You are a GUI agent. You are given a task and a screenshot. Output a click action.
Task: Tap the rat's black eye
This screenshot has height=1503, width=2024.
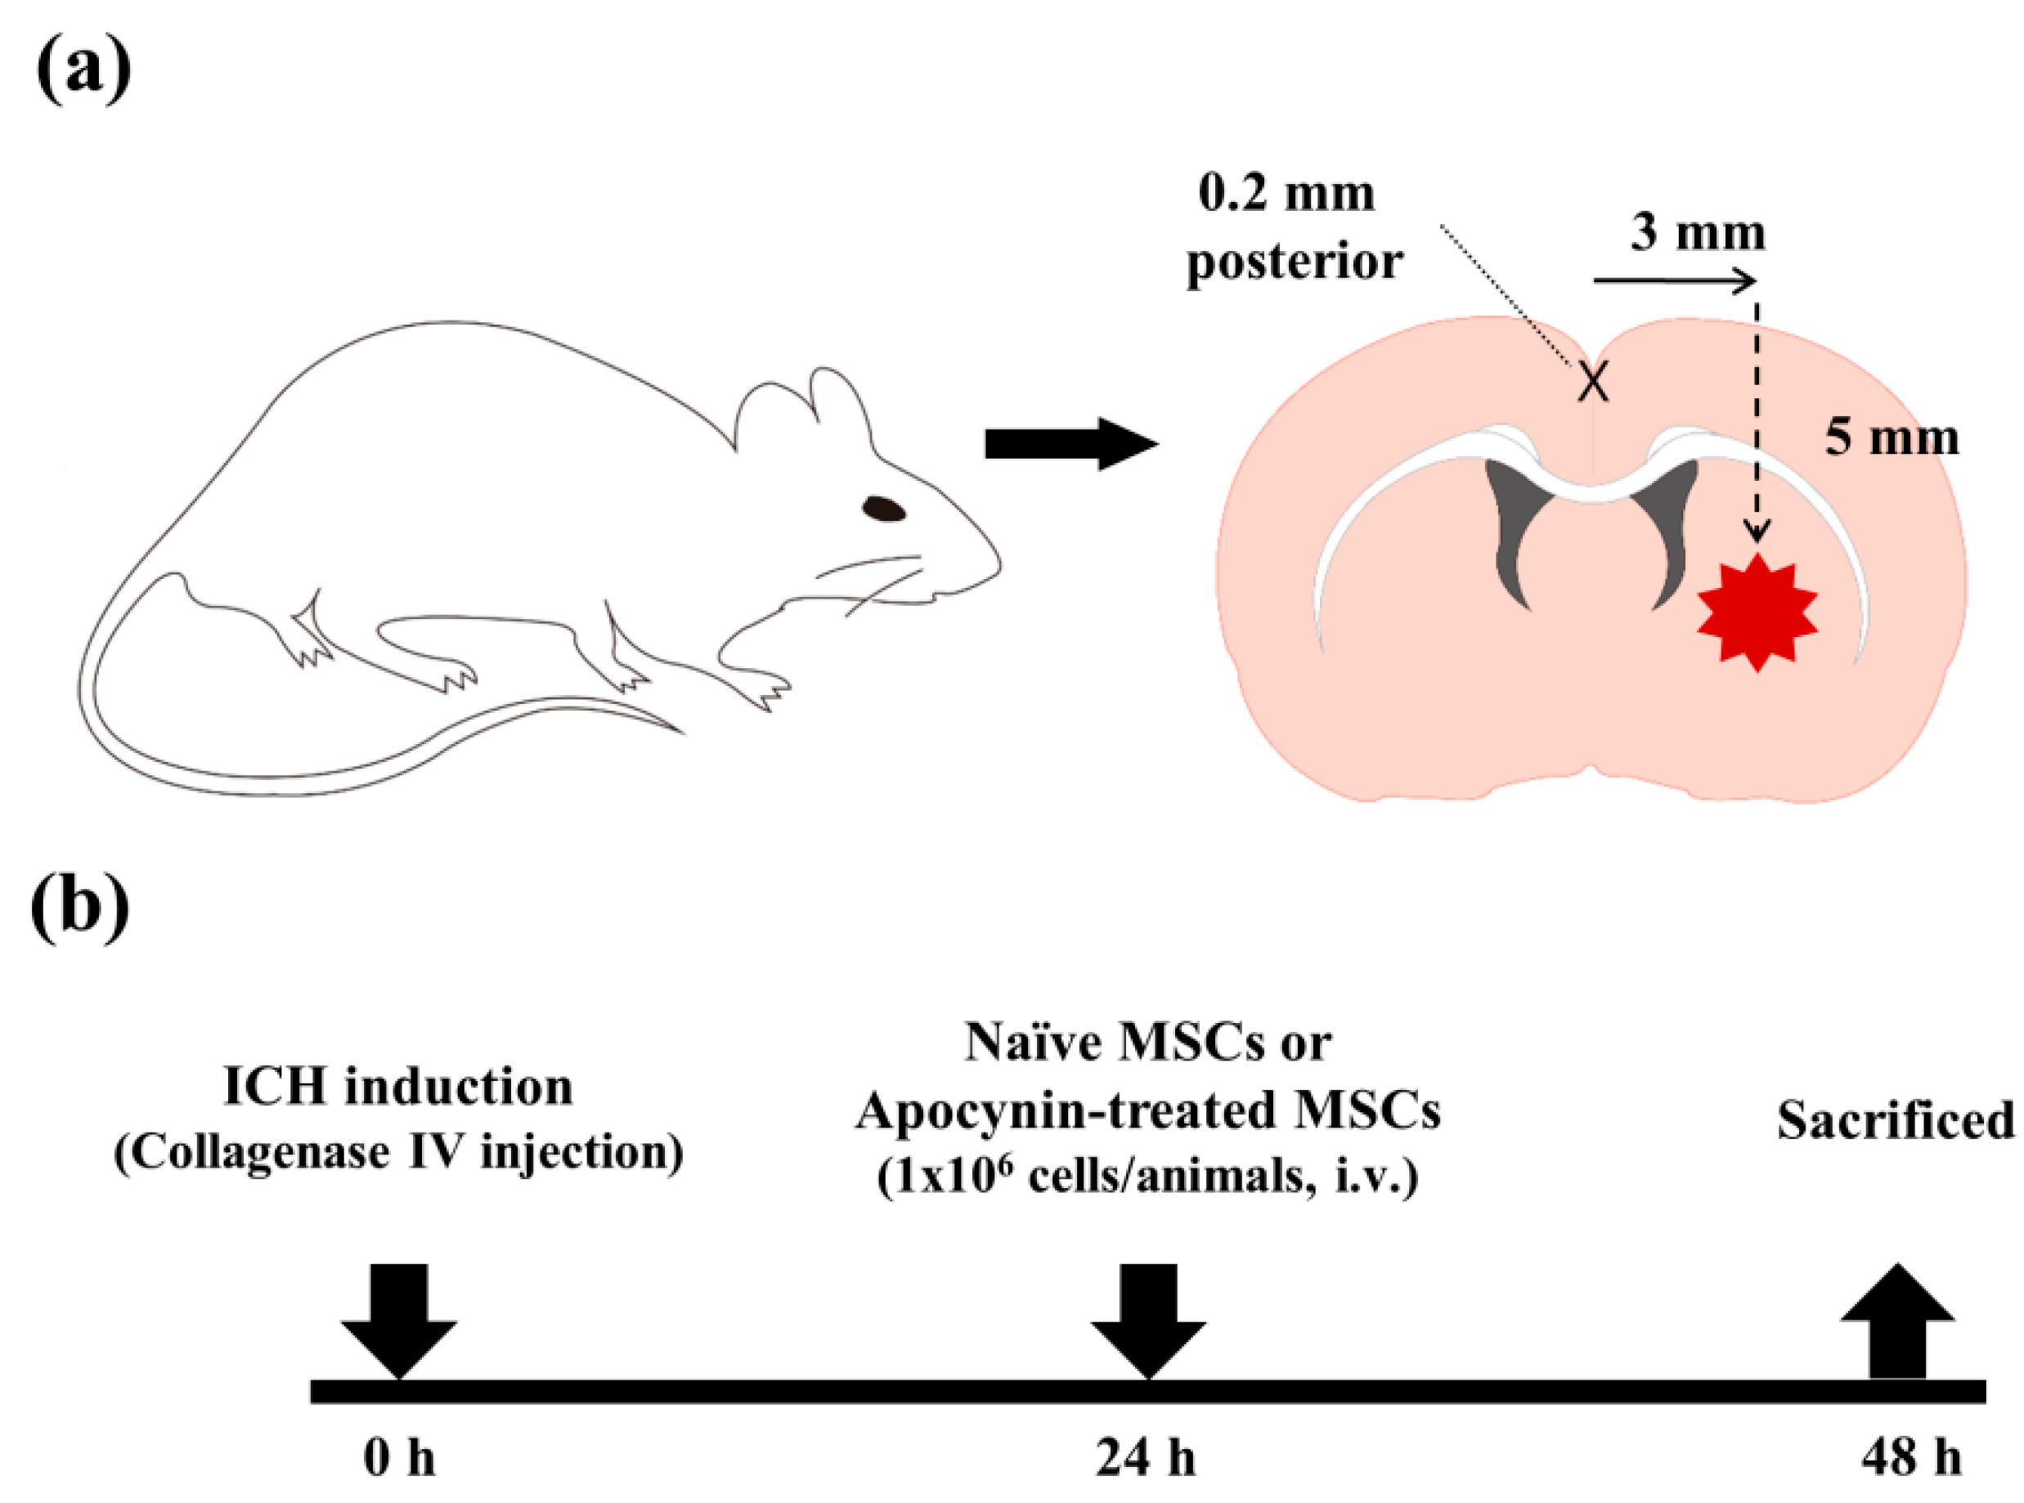(883, 509)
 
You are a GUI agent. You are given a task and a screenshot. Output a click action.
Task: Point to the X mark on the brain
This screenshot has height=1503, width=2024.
(1593, 381)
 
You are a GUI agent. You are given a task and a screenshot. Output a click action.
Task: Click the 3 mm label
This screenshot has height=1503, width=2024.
(1698, 234)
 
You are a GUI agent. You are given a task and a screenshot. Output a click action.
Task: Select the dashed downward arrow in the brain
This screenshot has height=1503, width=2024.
(1757, 419)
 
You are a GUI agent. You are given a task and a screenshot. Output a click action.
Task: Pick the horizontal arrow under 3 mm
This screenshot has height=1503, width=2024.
(1673, 282)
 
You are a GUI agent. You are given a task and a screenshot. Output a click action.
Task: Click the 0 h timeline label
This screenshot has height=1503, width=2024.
(399, 1457)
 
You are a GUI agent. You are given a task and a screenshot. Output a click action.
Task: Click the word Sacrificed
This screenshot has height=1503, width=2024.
(1896, 1121)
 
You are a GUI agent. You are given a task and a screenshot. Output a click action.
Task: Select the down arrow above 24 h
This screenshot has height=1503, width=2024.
(1148, 1319)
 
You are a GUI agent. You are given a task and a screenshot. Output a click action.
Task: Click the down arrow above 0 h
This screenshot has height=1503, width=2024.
(399, 1319)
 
